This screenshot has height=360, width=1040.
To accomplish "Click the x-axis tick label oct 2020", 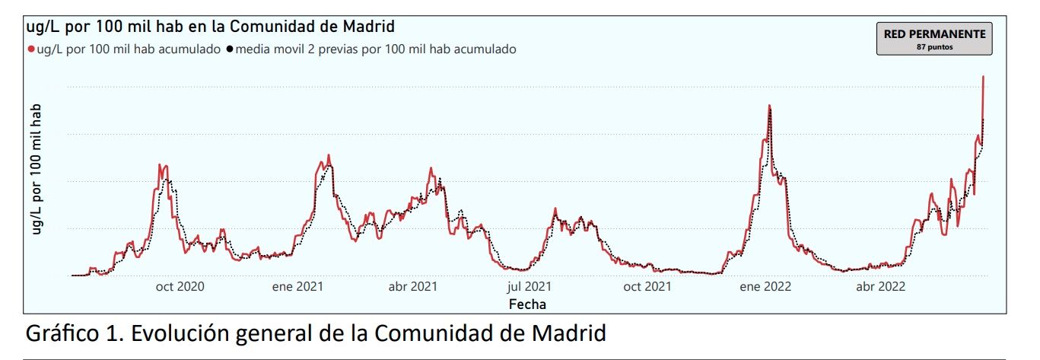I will (180, 287).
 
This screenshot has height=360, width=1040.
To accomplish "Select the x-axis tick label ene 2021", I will (297, 287).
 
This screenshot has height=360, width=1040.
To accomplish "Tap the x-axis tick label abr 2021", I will (413, 287).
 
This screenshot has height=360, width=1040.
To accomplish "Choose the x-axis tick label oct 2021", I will (647, 287).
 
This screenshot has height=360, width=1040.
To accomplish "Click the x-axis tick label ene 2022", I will (765, 287).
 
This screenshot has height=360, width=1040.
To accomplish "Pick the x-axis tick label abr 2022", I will (880, 287).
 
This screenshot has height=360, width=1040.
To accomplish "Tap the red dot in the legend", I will (31, 49).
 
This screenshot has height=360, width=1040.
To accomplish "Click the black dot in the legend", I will (229, 49).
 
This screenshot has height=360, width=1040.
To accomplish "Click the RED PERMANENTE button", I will (934, 38).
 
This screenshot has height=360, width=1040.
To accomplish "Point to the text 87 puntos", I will (934, 47).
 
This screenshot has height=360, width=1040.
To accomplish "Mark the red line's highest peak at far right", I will (984, 77).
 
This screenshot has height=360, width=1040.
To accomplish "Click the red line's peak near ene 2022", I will (769, 106).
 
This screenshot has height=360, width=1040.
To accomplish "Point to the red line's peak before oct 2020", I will (160, 164).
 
